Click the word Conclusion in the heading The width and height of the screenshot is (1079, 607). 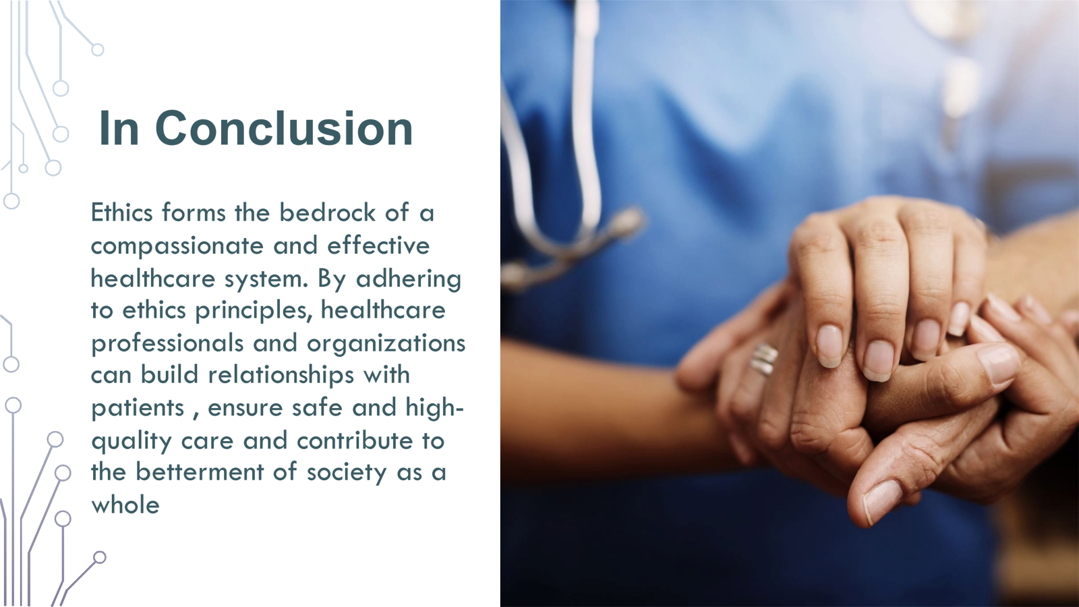[x=284, y=128]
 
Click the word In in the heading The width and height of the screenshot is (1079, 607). [x=119, y=128]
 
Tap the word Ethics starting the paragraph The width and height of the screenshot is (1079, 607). [x=121, y=212]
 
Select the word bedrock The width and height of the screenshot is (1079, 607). [x=327, y=212]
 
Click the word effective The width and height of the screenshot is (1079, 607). [x=378, y=245]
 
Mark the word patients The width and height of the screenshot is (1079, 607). [x=138, y=409]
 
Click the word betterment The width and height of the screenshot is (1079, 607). [x=200, y=471]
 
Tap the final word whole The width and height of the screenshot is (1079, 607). [x=125, y=504]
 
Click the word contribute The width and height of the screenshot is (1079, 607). [x=355, y=440]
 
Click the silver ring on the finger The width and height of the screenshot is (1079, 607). [x=763, y=359]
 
